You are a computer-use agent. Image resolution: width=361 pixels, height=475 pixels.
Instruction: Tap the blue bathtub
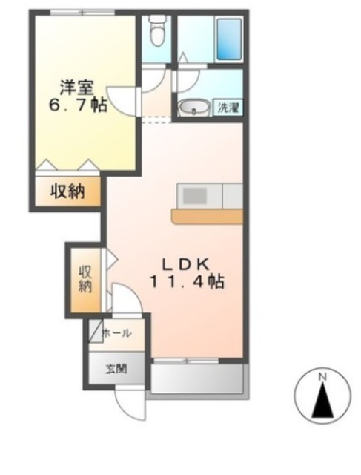point(228,39)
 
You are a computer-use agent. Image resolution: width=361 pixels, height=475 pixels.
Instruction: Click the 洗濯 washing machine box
point(228,108)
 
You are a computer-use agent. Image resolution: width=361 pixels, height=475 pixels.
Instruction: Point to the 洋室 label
point(77,88)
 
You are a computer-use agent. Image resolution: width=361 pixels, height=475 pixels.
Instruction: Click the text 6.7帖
point(78,105)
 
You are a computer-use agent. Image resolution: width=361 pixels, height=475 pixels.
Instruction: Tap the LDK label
point(186,265)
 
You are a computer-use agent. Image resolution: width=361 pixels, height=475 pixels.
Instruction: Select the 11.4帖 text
point(187,282)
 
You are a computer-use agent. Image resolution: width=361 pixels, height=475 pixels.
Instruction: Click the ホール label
point(117,333)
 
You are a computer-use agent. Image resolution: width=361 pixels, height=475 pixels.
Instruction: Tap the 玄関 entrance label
point(116,369)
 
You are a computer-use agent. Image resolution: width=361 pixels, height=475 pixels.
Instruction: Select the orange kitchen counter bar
point(208,216)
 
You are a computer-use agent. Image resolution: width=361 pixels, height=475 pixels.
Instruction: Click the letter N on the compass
point(322,378)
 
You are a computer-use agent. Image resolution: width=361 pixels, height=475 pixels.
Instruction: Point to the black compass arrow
point(323,400)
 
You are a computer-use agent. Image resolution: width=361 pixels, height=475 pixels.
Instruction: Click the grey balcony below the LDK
point(197,379)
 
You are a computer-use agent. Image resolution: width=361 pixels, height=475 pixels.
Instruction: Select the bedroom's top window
point(82,13)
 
